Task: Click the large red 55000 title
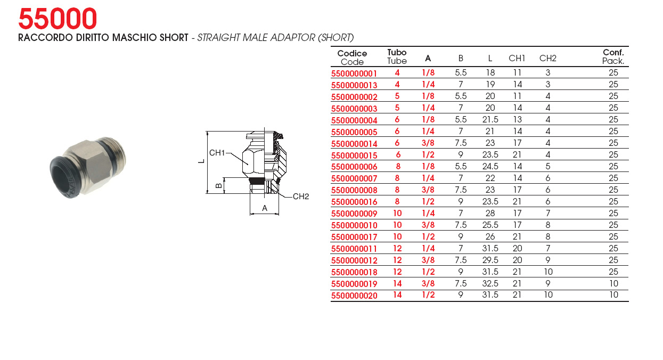58,19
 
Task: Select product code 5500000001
354,73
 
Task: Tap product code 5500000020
354,296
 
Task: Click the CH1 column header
517,59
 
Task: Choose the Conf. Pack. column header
613,56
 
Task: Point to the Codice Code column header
352,58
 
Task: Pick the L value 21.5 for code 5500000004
490,120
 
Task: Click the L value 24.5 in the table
490,166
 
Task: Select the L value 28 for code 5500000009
490,213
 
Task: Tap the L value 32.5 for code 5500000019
490,284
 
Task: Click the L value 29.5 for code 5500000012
490,260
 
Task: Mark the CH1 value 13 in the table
517,120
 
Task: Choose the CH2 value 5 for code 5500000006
548,166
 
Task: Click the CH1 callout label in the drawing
217,153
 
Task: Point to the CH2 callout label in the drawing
301,197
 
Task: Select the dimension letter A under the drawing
265,208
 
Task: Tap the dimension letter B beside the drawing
219,186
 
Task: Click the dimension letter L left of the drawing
202,161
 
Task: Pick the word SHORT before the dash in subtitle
174,38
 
